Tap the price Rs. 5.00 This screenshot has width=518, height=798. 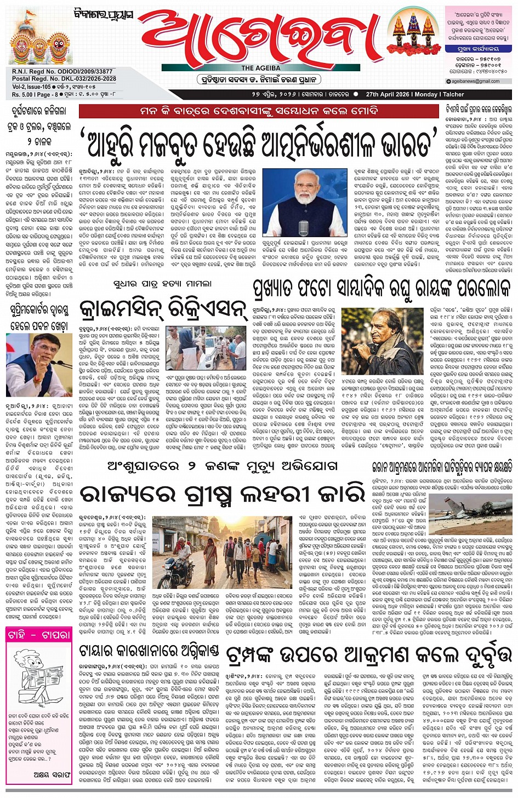click(x=24, y=94)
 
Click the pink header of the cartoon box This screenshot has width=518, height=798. click(x=39, y=635)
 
